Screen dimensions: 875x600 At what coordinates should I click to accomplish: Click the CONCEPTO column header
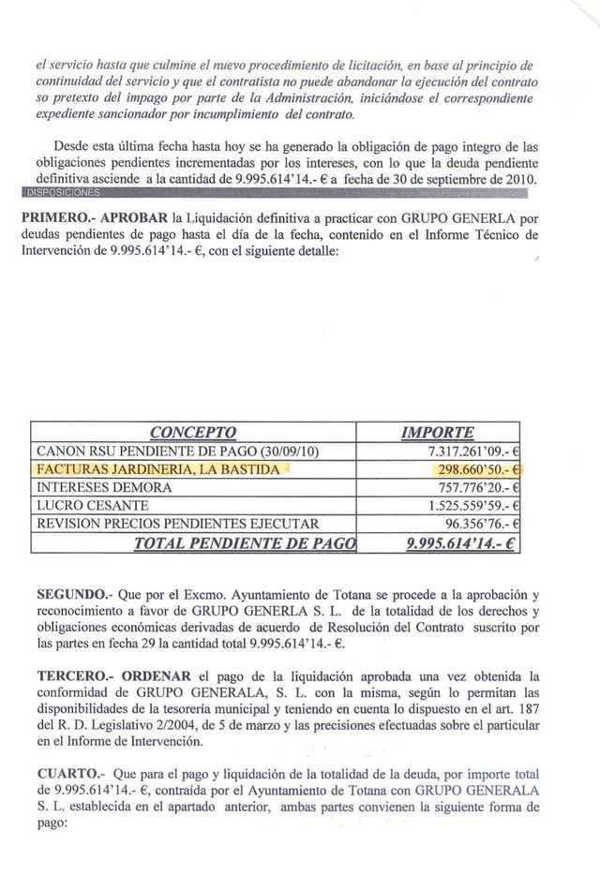tap(194, 432)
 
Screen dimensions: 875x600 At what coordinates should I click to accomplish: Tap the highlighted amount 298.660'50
tap(472, 469)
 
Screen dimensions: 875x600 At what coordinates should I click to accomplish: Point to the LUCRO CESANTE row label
tap(94, 505)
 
